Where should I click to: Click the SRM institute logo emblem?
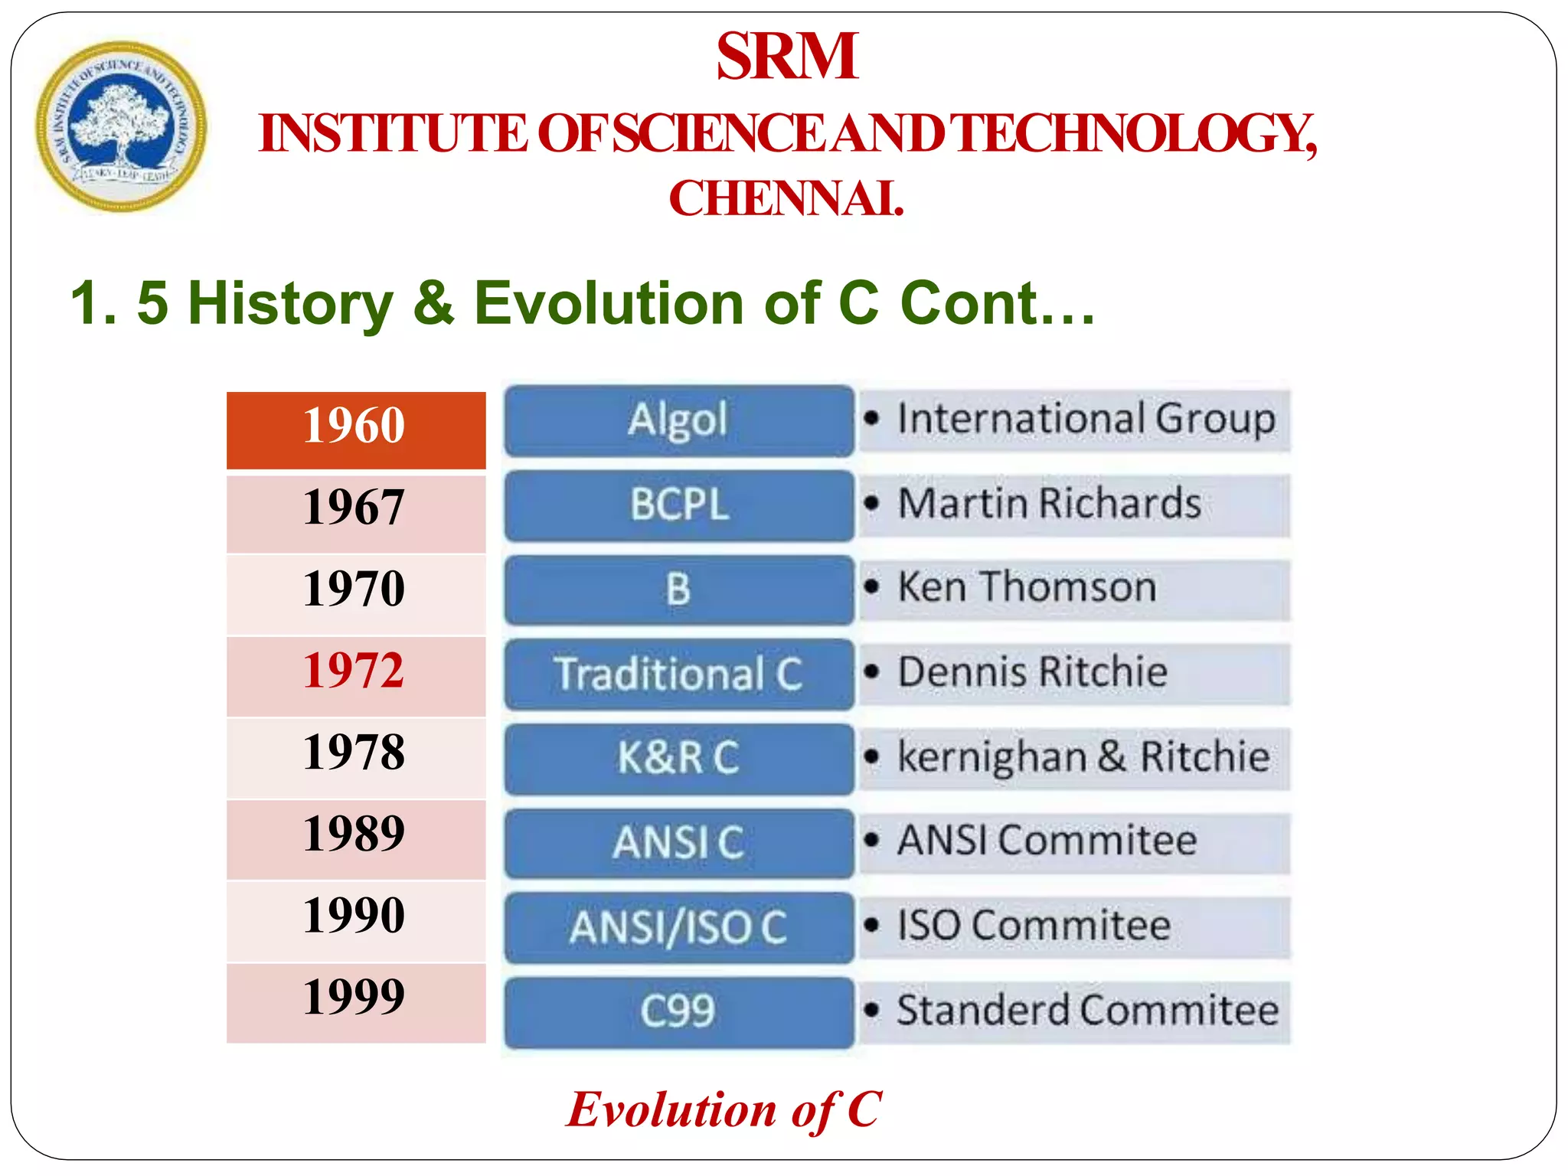click(121, 126)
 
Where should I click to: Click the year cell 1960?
click(355, 426)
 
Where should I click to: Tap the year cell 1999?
click(355, 998)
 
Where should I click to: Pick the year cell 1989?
click(355, 835)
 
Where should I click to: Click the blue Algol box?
click(678, 420)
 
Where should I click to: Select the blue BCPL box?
click(678, 505)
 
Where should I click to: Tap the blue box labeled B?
click(678, 590)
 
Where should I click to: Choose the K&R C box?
click(678, 758)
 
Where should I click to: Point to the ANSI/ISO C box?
click(678, 927)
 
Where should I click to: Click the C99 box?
click(678, 1011)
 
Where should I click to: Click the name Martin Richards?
click(1049, 504)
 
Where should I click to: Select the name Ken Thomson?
click(1027, 588)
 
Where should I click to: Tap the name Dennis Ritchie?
click(1032, 672)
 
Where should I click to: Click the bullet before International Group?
click(871, 419)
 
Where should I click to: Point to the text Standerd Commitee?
click(1087, 1011)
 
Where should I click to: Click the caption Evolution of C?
click(724, 1110)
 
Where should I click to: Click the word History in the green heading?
click(290, 303)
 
